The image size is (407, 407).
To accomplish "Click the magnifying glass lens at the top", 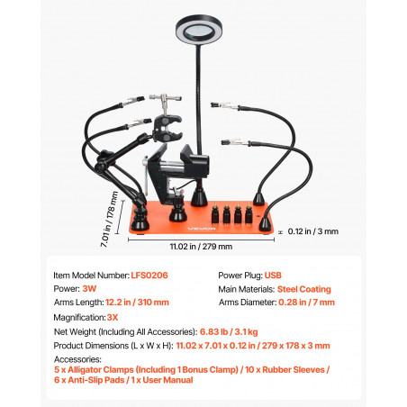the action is [199, 31].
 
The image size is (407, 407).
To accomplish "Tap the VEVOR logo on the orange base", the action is [202, 229].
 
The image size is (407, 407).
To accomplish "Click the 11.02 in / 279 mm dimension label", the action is [201, 247].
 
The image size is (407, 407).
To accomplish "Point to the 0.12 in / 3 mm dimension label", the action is [313, 231].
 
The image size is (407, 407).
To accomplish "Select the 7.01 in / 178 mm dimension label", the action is [109, 219].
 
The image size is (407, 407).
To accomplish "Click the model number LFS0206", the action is [149, 276].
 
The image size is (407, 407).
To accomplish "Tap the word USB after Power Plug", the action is [273, 276].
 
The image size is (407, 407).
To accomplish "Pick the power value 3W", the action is [89, 289].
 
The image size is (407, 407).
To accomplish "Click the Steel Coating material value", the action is [304, 289].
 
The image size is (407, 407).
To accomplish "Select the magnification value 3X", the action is [113, 318].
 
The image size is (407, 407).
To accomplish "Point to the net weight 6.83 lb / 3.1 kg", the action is [229, 332].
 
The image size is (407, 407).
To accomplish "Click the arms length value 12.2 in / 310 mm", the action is [137, 303].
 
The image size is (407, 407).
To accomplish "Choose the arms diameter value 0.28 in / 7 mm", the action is [306, 303].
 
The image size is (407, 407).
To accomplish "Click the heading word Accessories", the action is [77, 359].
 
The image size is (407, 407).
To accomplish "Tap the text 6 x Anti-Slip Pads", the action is [89, 380].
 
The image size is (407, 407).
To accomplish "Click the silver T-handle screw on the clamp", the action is [165, 101].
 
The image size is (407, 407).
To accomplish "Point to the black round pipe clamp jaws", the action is [167, 128].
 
